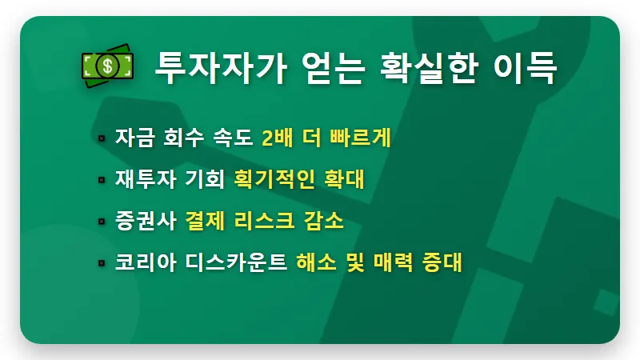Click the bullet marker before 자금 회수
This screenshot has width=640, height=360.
(102, 139)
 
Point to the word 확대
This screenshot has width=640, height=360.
(344, 180)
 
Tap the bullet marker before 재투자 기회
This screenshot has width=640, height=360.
(102, 181)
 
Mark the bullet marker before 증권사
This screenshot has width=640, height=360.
(102, 222)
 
